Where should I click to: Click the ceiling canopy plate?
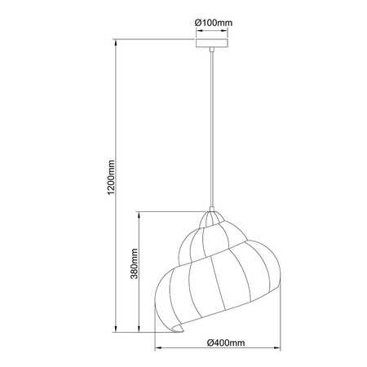(x=212, y=44)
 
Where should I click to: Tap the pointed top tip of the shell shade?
(x=212, y=210)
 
